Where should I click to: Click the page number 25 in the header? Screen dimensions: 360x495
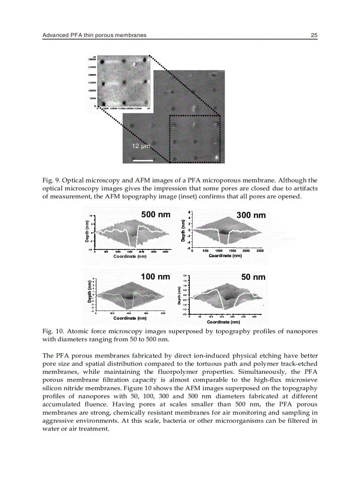click(314, 35)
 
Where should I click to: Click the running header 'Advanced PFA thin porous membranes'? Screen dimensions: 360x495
click(94, 35)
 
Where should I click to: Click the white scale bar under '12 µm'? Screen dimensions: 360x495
click(143, 160)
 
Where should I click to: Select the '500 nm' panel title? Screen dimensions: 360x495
click(155, 215)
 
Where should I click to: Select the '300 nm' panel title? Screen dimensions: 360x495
click(251, 215)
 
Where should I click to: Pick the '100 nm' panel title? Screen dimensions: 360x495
click(155, 277)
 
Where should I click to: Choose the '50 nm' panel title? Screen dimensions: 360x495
click(253, 277)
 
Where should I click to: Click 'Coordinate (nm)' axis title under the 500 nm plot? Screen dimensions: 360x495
click(130, 256)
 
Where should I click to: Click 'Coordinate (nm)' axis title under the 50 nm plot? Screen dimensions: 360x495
click(223, 322)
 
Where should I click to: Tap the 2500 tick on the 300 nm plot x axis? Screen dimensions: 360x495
click(260, 251)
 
